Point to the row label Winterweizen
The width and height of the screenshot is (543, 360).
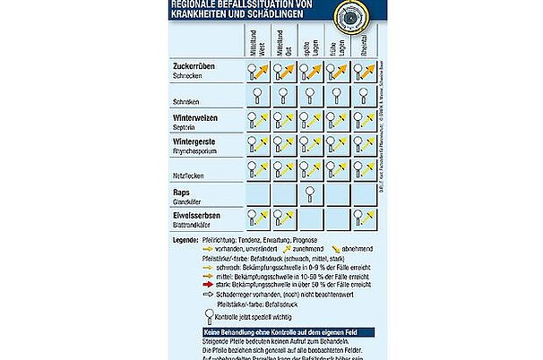tap(200, 116)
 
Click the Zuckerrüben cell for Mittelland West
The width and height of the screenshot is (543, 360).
tap(257, 71)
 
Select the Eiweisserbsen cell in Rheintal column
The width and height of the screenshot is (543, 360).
tap(366, 219)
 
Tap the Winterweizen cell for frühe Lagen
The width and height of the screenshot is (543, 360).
tap(339, 121)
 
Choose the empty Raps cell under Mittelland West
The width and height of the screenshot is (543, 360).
tap(257, 194)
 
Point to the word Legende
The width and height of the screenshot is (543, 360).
tap(185, 240)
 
